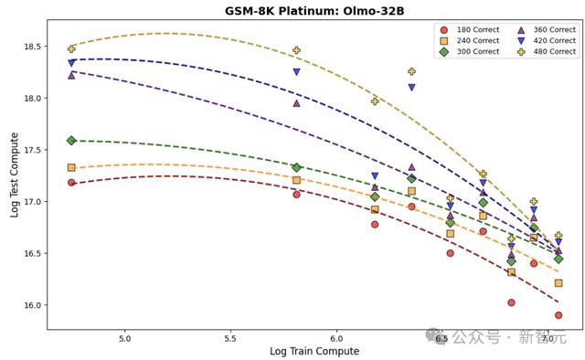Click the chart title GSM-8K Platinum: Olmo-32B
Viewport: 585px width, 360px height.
(x=314, y=10)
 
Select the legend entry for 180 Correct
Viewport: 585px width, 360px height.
(x=470, y=30)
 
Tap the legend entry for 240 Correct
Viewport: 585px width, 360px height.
(x=470, y=41)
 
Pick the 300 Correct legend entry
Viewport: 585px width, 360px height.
(x=470, y=51)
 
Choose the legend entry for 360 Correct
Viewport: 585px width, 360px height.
(x=547, y=30)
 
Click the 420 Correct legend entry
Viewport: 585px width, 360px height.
(x=547, y=41)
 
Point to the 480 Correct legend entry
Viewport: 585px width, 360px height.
(x=547, y=51)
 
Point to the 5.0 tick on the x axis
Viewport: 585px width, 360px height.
(x=124, y=339)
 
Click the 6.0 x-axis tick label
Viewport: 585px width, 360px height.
(x=336, y=339)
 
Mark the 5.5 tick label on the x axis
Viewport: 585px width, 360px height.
(x=230, y=339)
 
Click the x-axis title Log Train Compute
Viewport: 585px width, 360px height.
(x=314, y=352)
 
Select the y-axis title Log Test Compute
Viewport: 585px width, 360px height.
(x=15, y=175)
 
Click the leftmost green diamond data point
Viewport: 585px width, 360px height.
(x=71, y=141)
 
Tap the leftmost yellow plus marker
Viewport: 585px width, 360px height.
(x=71, y=48)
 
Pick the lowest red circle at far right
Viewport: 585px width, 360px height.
(x=558, y=315)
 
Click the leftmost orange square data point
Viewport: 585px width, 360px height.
(x=71, y=167)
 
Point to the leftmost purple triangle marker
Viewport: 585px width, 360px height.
(x=71, y=75)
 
